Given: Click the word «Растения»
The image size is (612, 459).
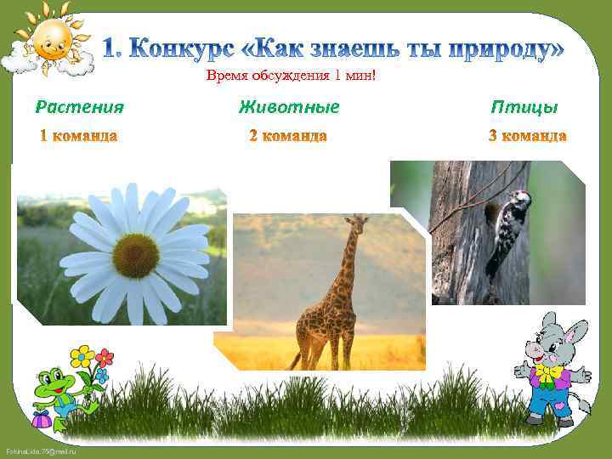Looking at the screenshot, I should [79, 107].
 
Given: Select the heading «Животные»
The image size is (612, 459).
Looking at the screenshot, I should [289, 107].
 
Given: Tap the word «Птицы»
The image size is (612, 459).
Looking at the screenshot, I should [524, 107].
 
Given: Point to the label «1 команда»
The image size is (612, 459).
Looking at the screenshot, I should [79, 136].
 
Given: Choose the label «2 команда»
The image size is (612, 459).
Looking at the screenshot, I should [288, 136].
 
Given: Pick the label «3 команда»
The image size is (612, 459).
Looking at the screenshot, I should [527, 136].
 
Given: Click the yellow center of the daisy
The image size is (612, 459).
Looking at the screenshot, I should [135, 255].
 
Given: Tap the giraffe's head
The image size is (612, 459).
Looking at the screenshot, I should [358, 224].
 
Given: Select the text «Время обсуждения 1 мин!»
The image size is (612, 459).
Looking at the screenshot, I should [290, 78].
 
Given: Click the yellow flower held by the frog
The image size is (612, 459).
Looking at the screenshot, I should [82, 356].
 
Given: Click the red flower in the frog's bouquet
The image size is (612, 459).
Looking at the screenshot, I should [105, 358].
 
